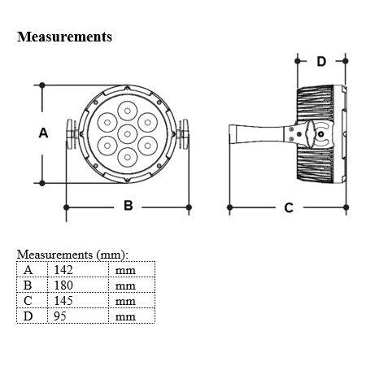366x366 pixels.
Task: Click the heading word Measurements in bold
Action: click(x=64, y=37)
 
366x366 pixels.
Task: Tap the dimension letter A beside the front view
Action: click(x=43, y=133)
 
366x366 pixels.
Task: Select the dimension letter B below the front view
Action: click(x=129, y=206)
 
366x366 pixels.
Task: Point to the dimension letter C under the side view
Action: click(x=289, y=208)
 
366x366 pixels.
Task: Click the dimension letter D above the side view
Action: click(x=321, y=62)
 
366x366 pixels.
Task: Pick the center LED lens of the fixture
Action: click(x=128, y=134)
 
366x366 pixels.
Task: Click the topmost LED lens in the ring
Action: click(x=128, y=111)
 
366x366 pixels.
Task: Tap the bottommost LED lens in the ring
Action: click(x=128, y=157)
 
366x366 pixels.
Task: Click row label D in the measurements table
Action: click(x=28, y=316)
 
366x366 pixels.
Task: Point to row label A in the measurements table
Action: click(x=28, y=270)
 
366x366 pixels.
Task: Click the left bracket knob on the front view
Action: click(x=71, y=134)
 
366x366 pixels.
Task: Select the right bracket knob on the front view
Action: click(x=184, y=134)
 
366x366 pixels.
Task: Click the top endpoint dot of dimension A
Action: click(x=42, y=85)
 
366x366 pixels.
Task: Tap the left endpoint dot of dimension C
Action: click(x=229, y=207)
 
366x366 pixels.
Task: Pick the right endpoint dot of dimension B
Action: click(x=189, y=207)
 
